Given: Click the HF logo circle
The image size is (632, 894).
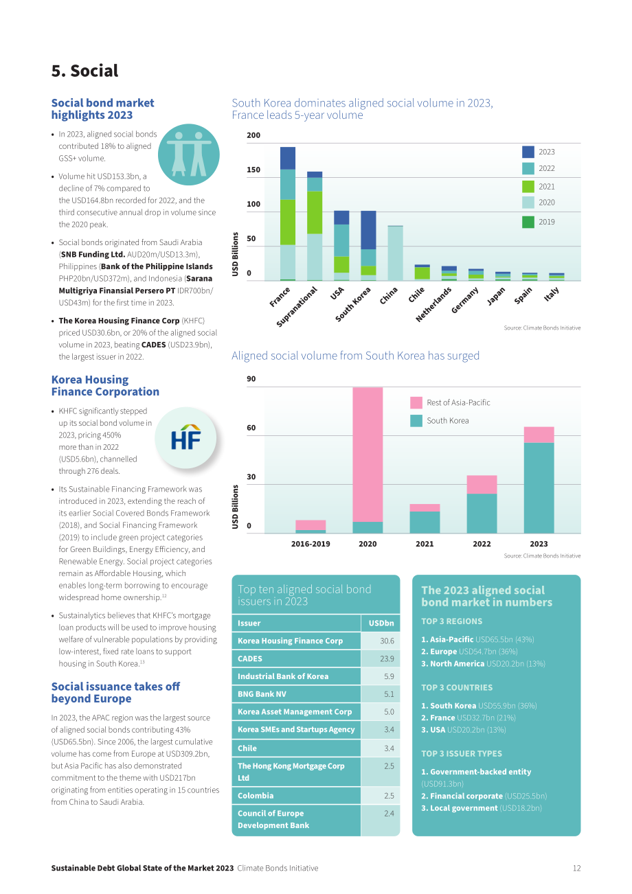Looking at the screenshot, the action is (185, 438).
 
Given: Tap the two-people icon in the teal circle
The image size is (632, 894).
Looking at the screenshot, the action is (188, 154).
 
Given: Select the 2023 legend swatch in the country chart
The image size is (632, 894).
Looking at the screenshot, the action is (528, 152).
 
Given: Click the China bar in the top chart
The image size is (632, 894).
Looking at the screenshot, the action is (395, 253).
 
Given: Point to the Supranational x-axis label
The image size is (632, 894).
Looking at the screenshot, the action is (297, 306).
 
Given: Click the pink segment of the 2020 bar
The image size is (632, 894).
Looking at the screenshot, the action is (368, 455).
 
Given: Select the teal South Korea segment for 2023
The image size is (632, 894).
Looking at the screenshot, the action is (539, 488).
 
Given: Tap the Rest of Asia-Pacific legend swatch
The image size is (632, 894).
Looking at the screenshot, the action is (416, 402).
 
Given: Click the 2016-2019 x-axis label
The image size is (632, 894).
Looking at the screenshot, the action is (311, 544).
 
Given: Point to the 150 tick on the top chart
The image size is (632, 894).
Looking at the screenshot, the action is (253, 170).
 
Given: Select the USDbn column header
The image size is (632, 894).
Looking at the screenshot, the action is (381, 623).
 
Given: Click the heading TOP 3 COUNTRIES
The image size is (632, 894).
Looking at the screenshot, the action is (457, 687).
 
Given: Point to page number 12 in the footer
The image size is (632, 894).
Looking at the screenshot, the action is (576, 868).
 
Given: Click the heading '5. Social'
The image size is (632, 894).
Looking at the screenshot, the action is (84, 71).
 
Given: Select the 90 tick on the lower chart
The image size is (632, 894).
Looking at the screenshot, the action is (251, 379).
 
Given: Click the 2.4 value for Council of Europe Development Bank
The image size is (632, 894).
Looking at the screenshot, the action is (389, 813).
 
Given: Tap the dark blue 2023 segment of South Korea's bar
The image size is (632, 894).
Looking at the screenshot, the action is (368, 230).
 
